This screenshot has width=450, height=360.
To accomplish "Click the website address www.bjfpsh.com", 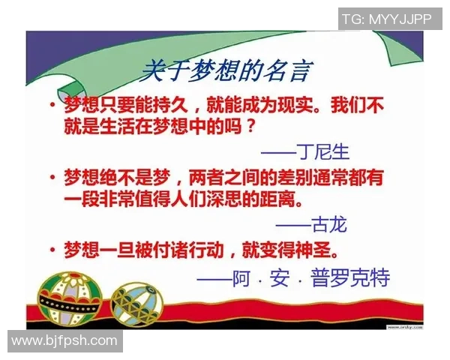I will tap(64, 341).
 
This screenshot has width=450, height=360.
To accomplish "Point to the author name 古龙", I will tap(322, 225).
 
